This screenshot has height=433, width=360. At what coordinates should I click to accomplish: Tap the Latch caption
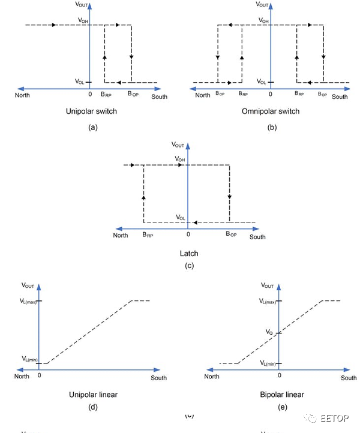pos(189,254)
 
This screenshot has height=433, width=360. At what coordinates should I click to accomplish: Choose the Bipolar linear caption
pos(281,395)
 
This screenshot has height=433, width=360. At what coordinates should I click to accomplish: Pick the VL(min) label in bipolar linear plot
pos(268,364)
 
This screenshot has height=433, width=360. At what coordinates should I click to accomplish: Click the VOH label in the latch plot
pos(180,159)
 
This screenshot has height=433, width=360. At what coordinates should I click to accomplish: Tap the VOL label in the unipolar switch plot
pos(80,82)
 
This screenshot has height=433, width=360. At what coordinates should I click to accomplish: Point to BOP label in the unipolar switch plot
pos(133,94)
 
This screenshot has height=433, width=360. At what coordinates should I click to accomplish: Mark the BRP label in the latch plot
pos(148,236)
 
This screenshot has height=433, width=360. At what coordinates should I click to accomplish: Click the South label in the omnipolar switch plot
pos(340,97)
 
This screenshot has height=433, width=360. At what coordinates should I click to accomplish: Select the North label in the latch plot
pos(121,236)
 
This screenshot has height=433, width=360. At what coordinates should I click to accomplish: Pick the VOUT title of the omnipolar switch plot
pos(263,5)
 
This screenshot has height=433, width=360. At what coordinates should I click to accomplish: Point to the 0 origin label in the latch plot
pos(188,235)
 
